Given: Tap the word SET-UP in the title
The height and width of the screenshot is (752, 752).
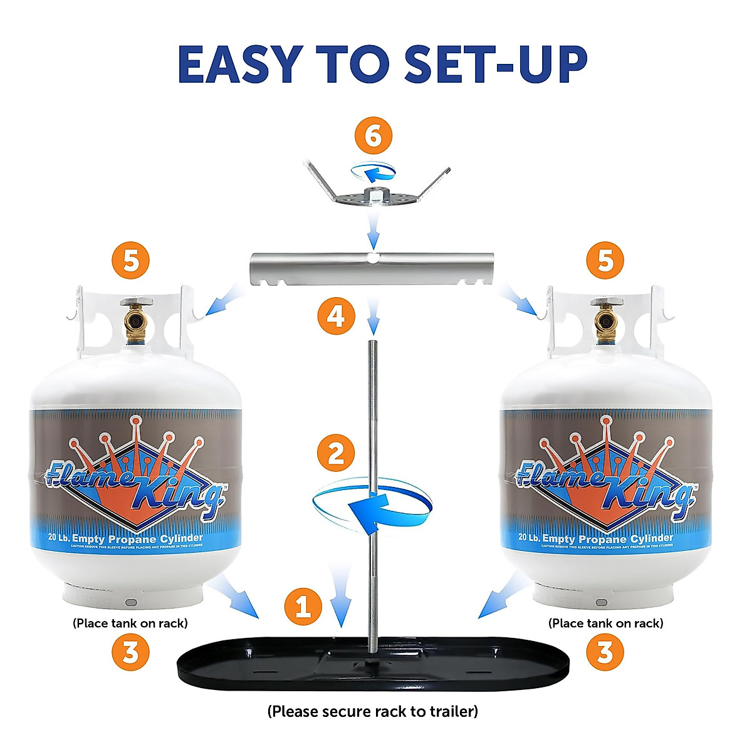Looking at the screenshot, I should (x=496, y=64).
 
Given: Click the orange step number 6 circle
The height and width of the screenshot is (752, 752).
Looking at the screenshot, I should (x=373, y=137).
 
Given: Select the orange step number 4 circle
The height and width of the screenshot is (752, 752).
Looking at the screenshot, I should (x=336, y=316).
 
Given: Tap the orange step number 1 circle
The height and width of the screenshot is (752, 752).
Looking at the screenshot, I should (x=303, y=607).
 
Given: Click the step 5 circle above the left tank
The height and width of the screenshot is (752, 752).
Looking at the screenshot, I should (x=131, y=260).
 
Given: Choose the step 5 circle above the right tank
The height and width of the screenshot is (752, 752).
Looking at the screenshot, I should (x=605, y=260).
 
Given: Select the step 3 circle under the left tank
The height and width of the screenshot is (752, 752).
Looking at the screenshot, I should (x=130, y=652).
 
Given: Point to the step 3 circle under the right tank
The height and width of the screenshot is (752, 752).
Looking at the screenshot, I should (x=605, y=652).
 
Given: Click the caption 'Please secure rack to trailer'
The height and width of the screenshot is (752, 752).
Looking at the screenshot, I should (x=373, y=711).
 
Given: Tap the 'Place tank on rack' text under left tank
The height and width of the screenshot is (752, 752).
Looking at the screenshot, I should (x=130, y=623).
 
